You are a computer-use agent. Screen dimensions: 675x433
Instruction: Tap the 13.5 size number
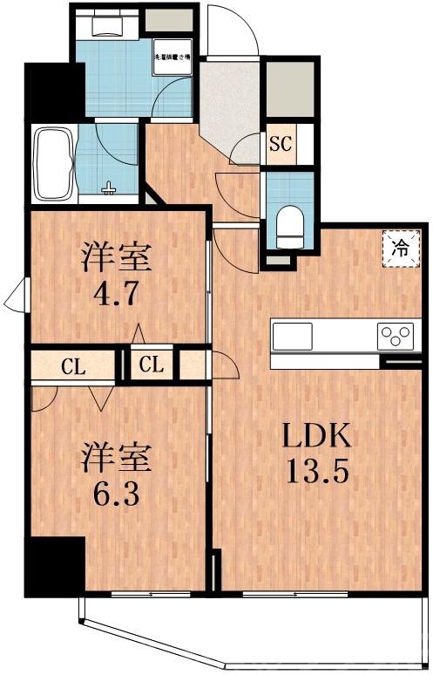tap(317, 474)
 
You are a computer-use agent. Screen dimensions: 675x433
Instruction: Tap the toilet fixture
tap(286, 224)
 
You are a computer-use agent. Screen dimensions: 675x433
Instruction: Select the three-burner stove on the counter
tap(398, 334)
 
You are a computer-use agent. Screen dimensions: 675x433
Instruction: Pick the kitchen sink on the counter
tap(293, 335)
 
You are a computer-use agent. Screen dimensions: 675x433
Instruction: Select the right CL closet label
tap(152, 365)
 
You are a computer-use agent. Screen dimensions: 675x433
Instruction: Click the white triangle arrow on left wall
tap(16, 297)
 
